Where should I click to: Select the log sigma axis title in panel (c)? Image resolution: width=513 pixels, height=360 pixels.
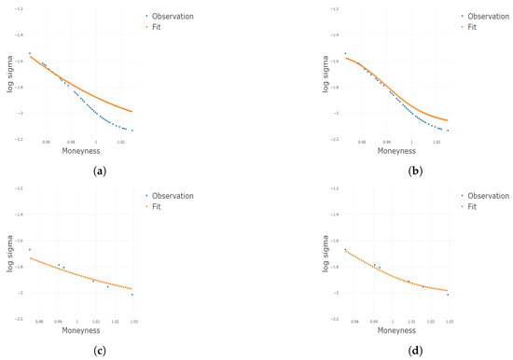click(x=10, y=255)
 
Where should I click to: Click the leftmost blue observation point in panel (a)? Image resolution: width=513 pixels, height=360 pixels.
click(x=30, y=53)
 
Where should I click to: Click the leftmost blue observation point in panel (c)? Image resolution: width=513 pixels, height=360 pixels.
click(x=30, y=249)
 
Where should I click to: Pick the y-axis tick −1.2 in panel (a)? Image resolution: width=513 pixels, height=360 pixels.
click(x=21, y=8)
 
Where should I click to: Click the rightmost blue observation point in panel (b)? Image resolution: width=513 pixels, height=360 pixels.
click(x=448, y=131)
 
